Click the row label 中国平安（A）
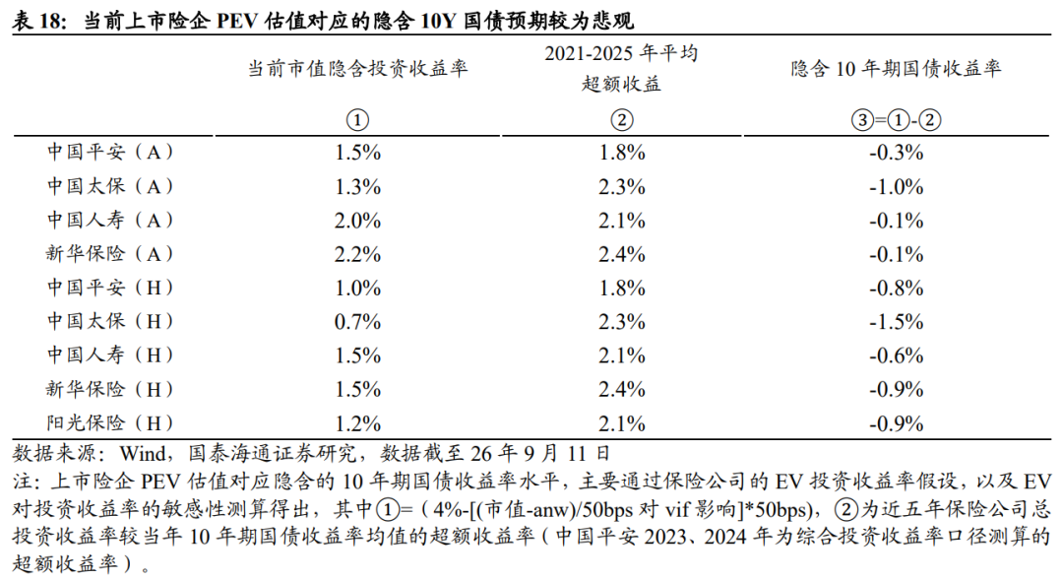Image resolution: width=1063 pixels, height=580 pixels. tap(110, 152)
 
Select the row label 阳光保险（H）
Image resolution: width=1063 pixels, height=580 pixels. tap(110, 423)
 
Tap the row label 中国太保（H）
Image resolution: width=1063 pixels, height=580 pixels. tap(110, 322)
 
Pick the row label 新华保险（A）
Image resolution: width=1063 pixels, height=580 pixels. tap(110, 254)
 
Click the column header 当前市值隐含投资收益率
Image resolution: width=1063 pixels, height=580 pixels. tap(357, 69)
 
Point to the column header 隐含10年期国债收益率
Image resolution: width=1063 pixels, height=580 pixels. tap(896, 69)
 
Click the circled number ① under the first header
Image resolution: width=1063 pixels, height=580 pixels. tap(357, 120)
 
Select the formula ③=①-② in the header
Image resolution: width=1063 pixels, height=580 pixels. tap(896, 120)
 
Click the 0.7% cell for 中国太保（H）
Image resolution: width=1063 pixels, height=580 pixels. tap(357, 322)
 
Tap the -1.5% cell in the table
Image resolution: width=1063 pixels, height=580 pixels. tap(896, 322)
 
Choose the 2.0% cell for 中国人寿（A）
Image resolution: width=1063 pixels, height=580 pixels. tap(357, 221)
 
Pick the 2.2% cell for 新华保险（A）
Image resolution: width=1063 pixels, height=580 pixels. tap(357, 254)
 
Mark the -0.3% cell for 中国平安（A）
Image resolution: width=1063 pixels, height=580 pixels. tap(896, 153)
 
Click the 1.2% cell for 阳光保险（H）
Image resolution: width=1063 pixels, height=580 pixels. tap(357, 424)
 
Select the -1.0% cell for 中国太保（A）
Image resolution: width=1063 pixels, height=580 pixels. tap(896, 186)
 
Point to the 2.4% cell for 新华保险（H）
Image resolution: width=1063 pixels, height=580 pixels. tap(622, 389)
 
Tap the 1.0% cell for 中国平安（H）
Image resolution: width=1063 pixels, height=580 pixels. tap(357, 288)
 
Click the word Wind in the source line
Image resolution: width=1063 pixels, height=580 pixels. tap(143, 453)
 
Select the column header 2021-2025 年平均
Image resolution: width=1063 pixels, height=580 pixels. tap(621, 53)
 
